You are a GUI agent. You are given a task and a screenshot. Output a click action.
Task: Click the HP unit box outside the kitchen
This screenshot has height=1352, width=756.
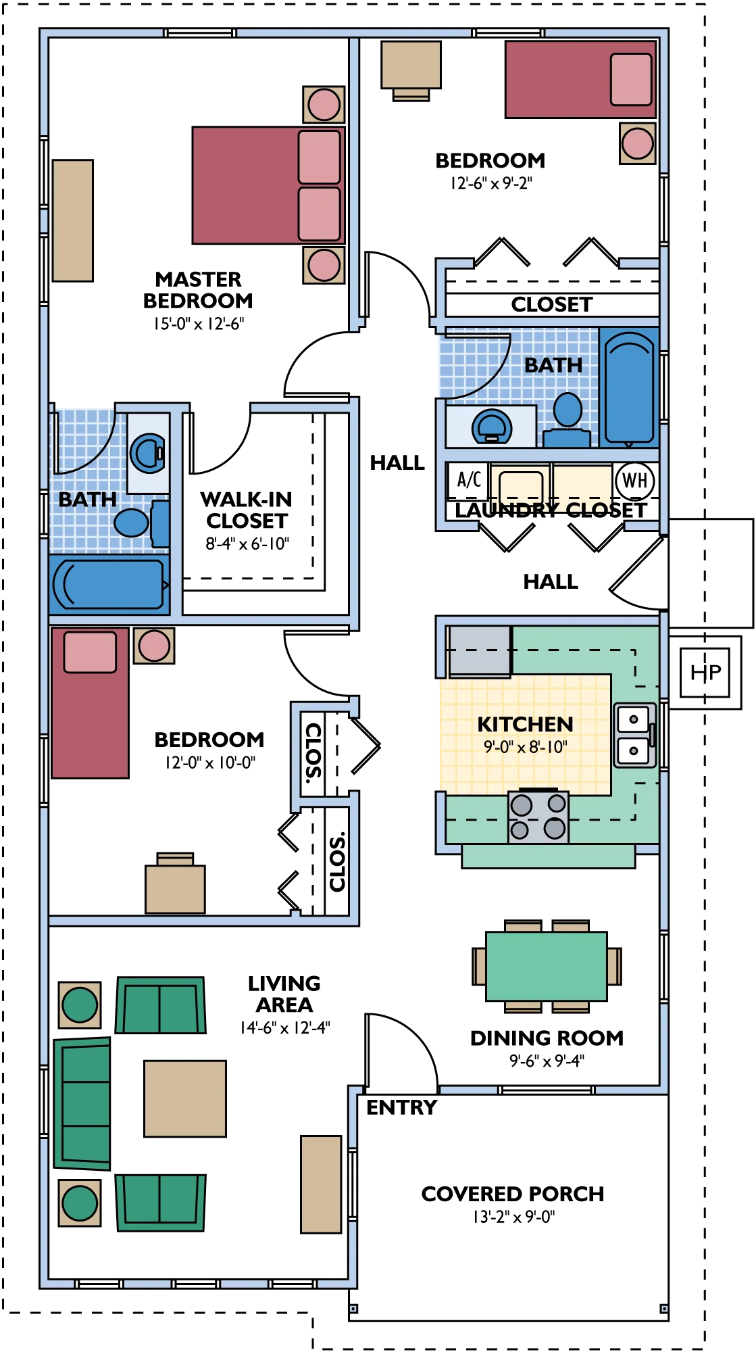click(705, 672)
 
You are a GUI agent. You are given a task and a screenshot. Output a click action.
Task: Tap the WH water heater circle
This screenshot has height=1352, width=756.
click(635, 481)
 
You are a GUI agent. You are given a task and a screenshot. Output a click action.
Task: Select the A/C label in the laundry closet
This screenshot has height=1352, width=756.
click(469, 479)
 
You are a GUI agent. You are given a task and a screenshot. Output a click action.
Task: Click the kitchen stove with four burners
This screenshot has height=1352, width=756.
click(538, 817)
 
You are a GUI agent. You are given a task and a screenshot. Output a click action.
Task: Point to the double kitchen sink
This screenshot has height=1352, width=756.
click(634, 735)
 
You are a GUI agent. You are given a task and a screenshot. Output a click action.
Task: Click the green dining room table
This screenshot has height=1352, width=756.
click(547, 966)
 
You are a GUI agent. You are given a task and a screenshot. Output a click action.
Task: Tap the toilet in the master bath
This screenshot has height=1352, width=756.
click(141, 522)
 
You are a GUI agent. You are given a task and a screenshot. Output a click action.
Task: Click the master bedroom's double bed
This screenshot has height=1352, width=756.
click(269, 185)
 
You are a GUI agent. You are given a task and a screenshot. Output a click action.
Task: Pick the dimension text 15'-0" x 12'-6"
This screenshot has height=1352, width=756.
click(199, 324)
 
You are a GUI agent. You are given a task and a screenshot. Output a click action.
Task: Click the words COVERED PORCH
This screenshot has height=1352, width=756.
click(513, 1194)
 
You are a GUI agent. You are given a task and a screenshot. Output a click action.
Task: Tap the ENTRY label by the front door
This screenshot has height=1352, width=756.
click(402, 1107)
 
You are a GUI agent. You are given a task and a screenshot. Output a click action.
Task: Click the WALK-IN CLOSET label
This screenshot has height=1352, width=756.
click(247, 510)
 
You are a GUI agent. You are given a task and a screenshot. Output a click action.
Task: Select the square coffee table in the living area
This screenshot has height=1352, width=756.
click(185, 1098)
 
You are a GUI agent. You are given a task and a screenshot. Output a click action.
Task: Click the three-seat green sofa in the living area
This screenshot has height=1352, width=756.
click(82, 1103)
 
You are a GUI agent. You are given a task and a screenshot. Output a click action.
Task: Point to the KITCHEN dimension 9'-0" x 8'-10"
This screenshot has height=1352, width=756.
click(526, 746)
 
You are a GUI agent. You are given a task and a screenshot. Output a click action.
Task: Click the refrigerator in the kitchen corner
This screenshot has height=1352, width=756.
click(480, 650)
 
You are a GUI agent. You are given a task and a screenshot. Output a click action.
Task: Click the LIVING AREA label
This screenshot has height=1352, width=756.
click(284, 994)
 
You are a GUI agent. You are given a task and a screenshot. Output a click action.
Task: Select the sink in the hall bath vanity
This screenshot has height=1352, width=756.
click(492, 427)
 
